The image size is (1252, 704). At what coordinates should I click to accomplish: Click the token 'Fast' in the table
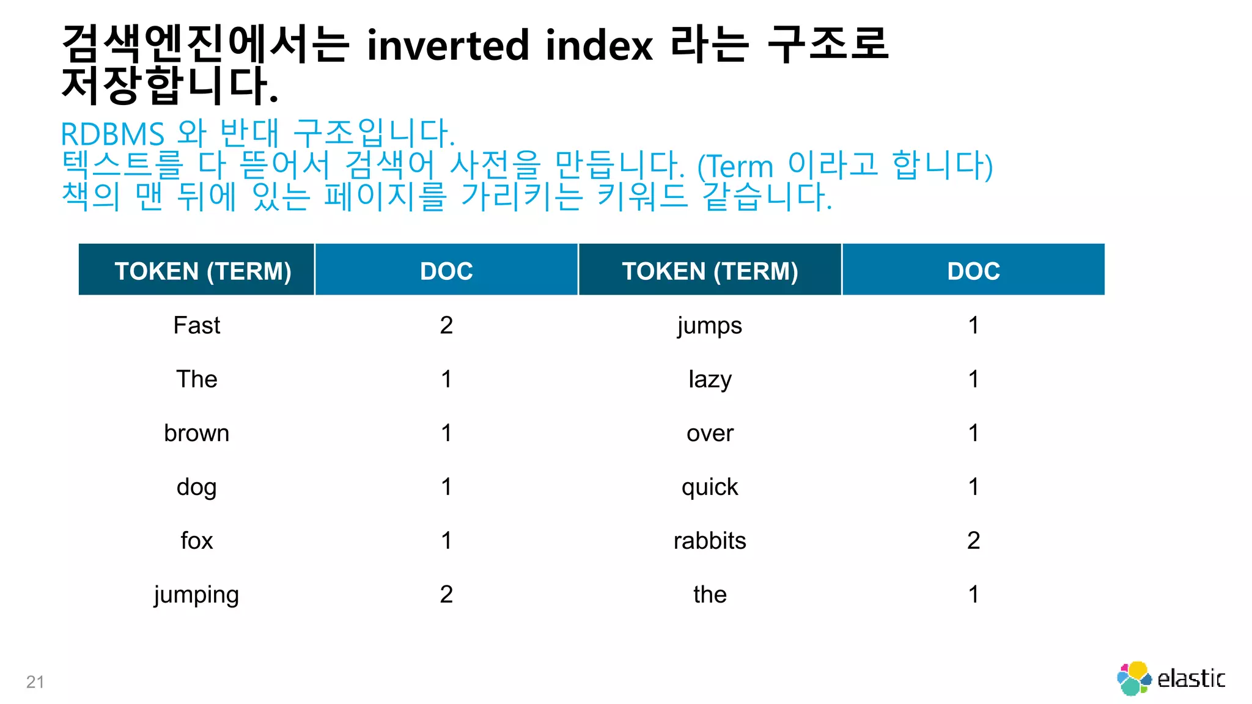[196, 325]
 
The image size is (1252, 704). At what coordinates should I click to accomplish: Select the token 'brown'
[196, 433]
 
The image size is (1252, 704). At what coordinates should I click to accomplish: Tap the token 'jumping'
[196, 595]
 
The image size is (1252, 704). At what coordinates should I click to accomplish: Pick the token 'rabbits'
[710, 541]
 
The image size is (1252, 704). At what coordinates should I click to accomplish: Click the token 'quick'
[710, 488]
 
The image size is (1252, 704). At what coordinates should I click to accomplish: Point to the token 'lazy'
[710, 380]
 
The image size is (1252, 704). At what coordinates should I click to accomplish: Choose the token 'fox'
[196, 541]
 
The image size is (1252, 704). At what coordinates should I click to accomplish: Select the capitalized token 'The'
[196, 380]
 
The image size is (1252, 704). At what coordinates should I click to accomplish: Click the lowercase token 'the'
[710, 595]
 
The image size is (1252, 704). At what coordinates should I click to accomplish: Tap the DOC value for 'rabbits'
[973, 541]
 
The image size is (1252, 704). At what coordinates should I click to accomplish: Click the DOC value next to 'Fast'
[446, 325]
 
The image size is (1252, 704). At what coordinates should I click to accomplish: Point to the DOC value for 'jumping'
[446, 595]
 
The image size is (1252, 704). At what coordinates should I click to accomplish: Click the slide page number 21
[35, 682]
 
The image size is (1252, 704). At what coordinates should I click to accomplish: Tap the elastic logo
[1170, 678]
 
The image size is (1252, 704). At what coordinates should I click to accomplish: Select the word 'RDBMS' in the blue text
[112, 134]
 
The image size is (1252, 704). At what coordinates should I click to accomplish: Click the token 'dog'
[196, 488]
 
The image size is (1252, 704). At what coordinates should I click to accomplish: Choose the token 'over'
[710, 433]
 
